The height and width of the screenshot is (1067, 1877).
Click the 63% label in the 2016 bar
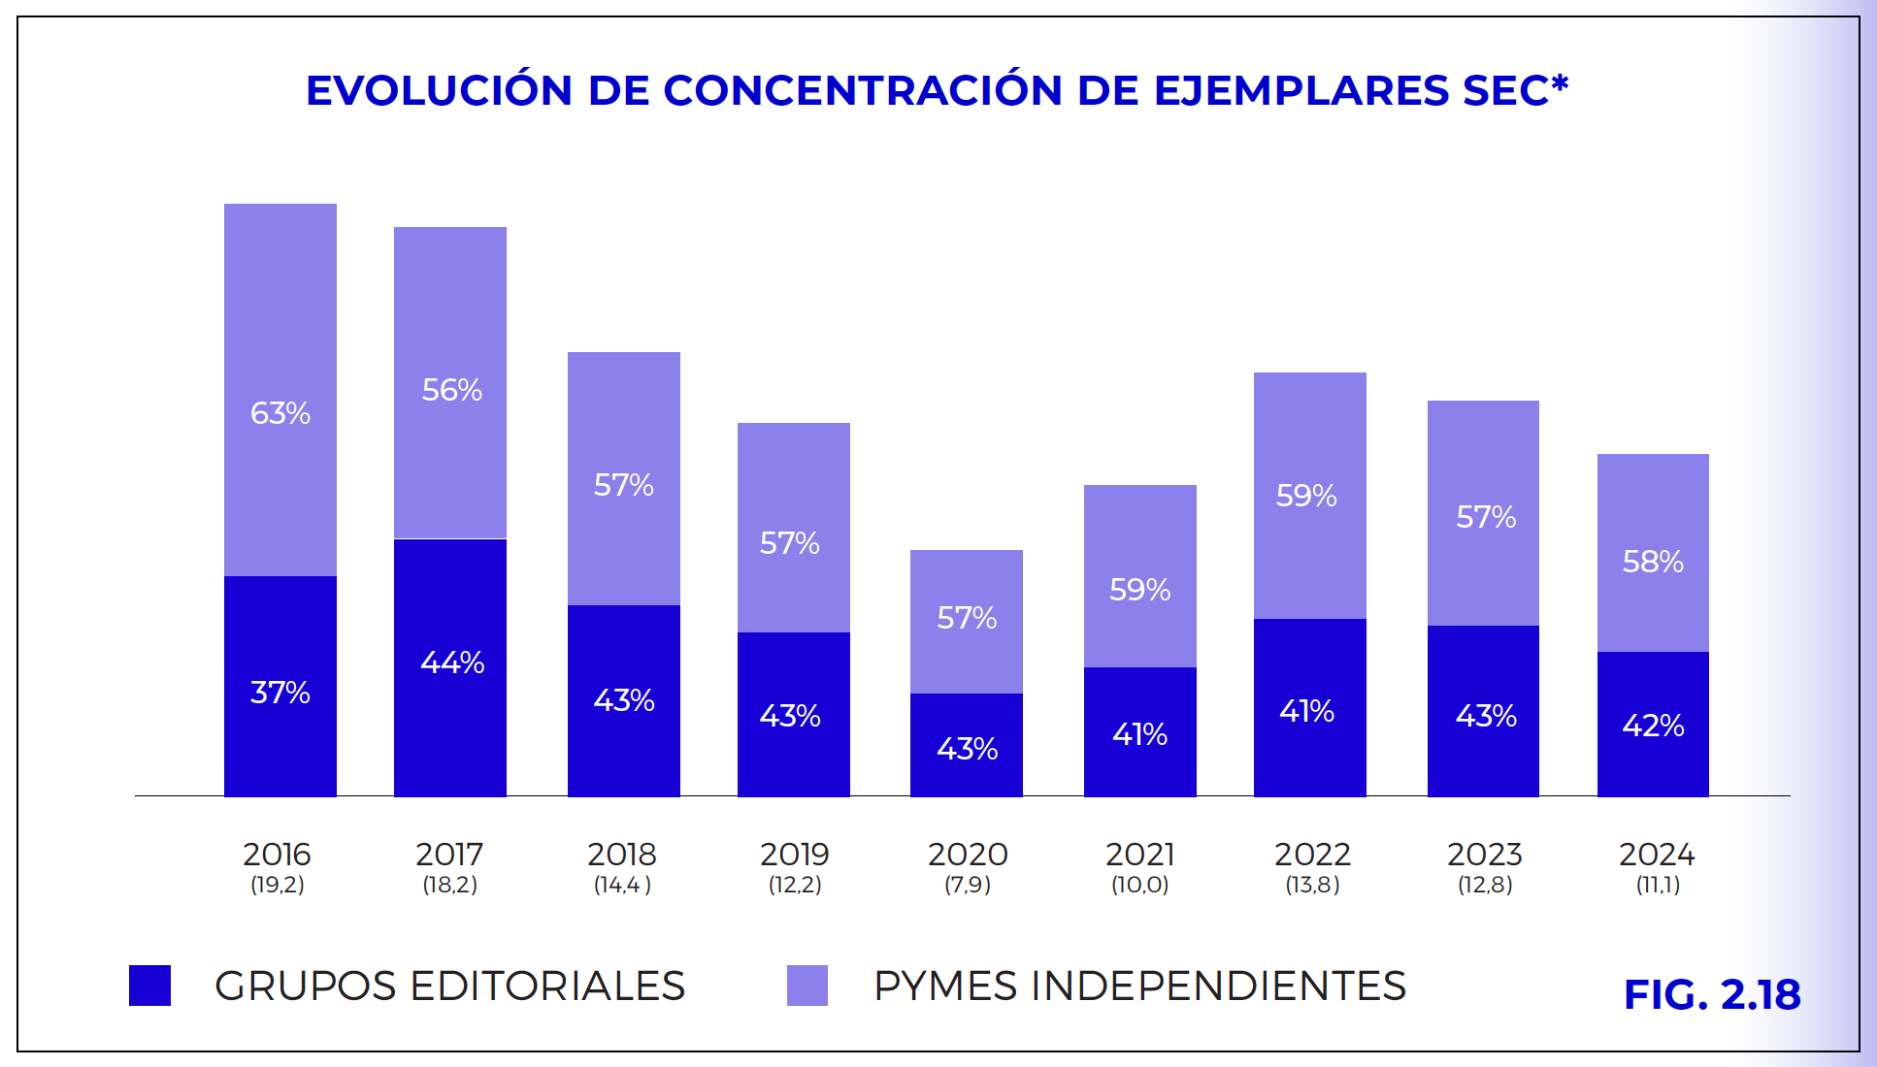[x=280, y=413]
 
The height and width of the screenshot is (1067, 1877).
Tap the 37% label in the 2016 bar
[x=280, y=693]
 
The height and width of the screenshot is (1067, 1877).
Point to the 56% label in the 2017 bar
[x=452, y=390]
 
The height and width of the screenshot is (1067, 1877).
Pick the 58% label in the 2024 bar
[x=1653, y=562]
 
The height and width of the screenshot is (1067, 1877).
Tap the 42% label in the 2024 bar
[x=1653, y=726]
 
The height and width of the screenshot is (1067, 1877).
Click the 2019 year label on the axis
[x=794, y=855]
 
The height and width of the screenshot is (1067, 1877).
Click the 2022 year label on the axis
[x=1312, y=855]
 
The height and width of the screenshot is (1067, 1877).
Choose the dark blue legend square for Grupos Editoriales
[x=149, y=986]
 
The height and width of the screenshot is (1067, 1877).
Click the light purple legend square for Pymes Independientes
[x=807, y=986]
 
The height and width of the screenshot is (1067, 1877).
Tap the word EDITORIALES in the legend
[x=547, y=986]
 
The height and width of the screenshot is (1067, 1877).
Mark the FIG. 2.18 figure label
[x=1712, y=995]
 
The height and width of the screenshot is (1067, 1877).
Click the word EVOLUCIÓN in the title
[x=439, y=90]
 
